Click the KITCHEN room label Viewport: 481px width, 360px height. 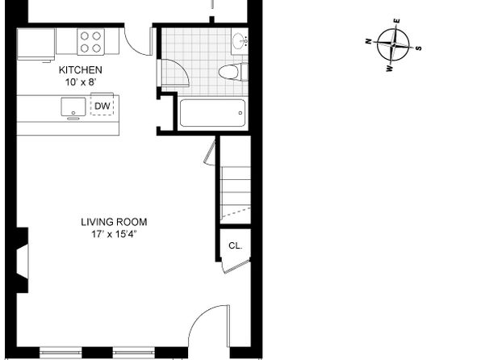[x=81, y=70]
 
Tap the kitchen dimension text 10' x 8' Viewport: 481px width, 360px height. [x=81, y=82]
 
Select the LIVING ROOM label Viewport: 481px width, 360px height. [x=114, y=222]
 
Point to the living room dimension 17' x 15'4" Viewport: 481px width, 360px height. [x=114, y=234]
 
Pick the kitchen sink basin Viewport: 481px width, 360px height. [x=73, y=107]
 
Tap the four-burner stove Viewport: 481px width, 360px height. [x=90, y=42]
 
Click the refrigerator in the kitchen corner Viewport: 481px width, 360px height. [x=36, y=44]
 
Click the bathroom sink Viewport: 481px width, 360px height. [x=240, y=41]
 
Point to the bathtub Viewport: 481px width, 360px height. [x=212, y=113]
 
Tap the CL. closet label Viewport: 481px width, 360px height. [x=236, y=245]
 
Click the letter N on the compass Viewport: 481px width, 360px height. [x=369, y=41]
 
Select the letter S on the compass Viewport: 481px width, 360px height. [x=419, y=48]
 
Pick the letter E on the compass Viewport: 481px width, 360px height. [x=397, y=21]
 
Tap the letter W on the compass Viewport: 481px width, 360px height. [x=389, y=69]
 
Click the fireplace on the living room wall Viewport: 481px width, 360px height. [x=23, y=260]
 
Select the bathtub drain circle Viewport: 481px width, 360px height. [x=240, y=113]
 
